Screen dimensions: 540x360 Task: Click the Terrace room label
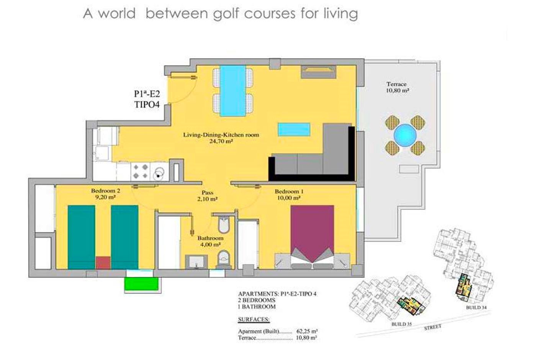[398, 87]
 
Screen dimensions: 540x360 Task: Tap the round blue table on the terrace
[405, 135]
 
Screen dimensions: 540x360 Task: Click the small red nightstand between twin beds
[103, 263]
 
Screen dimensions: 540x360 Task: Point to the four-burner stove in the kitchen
[140, 172]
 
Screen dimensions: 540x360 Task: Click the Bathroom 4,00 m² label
[210, 241]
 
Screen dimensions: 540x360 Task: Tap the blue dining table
[232, 91]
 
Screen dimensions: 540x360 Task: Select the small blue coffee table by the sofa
[294, 129]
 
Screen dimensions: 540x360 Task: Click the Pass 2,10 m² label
[207, 196]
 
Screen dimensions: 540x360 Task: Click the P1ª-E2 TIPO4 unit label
[147, 99]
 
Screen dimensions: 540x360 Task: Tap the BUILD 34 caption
[476, 308]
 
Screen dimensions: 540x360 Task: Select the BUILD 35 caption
[401, 324]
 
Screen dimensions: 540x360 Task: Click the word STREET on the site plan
[433, 327]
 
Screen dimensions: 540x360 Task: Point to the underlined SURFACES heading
[254, 319]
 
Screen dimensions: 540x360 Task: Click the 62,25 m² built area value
[307, 331]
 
